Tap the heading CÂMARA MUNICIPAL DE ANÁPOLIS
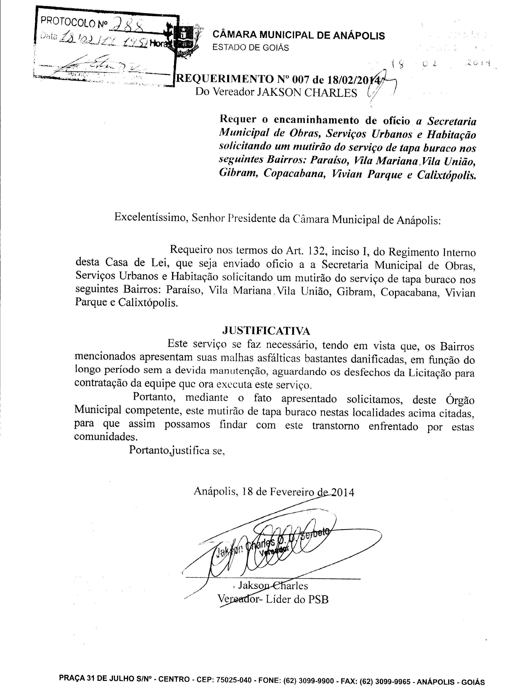298,36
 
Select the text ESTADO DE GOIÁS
251,48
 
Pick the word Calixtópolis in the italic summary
446,175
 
